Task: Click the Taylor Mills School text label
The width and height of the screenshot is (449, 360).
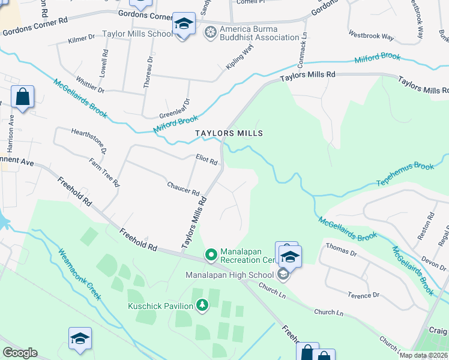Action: coord(137,34)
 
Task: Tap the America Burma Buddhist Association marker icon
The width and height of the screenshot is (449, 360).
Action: coord(210,31)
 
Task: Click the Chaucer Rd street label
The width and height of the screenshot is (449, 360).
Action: coord(183,188)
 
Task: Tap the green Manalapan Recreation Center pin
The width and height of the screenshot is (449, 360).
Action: coord(211,255)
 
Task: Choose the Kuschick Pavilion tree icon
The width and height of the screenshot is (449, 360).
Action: coord(202,306)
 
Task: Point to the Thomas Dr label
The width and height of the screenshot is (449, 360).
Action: coord(341,251)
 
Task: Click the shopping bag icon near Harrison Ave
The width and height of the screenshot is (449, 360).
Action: coord(22,97)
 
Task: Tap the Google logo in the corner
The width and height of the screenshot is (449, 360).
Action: coord(20,352)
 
